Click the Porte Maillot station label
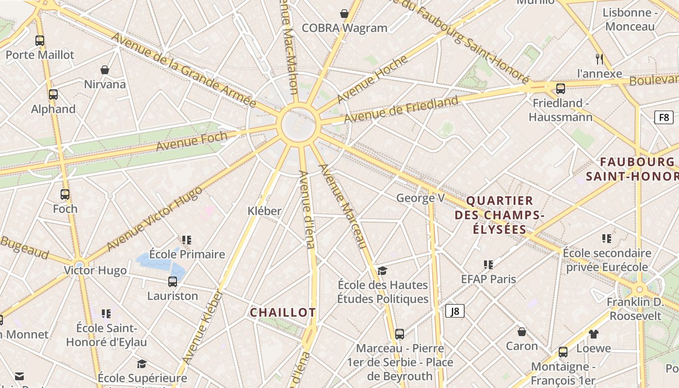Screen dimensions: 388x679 coord(40,55)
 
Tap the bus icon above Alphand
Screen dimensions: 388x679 coord(53,95)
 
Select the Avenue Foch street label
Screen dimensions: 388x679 coord(192,141)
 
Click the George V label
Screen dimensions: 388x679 coord(420,198)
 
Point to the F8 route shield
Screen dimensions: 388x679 coord(663,117)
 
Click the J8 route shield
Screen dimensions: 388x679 coord(454,311)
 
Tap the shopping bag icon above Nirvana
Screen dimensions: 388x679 coord(105,70)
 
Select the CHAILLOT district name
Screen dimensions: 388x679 coord(283,313)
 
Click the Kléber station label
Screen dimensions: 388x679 coord(264,211)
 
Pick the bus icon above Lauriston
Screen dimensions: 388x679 coord(173,281)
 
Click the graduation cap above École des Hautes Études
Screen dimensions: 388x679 coord(383,271)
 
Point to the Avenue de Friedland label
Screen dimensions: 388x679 coord(401,110)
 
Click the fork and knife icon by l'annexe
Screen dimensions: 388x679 coord(599,59)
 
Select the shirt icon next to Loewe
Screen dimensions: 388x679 coord(594,334)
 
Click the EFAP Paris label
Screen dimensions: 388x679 coord(488,279)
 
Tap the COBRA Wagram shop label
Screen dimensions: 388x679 coord(344,28)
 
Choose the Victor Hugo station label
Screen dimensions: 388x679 coord(96,270)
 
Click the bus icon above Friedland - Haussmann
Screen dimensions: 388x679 coord(561,89)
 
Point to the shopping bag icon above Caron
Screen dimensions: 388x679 coord(522,332)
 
